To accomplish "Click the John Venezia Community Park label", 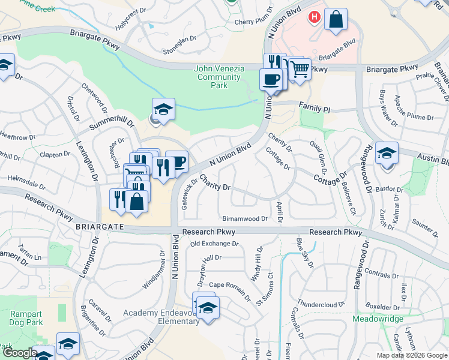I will tap(219, 77).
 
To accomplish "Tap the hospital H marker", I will tap(313, 18).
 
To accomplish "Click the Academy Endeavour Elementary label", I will tap(161, 317).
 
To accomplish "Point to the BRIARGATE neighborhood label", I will tap(100, 227).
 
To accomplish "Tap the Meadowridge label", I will tap(378, 319).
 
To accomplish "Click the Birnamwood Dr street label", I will tap(244, 219).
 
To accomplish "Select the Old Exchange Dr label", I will tap(214, 244).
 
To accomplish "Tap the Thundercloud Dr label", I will tap(321, 304).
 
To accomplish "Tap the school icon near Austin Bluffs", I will tap(387, 152).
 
